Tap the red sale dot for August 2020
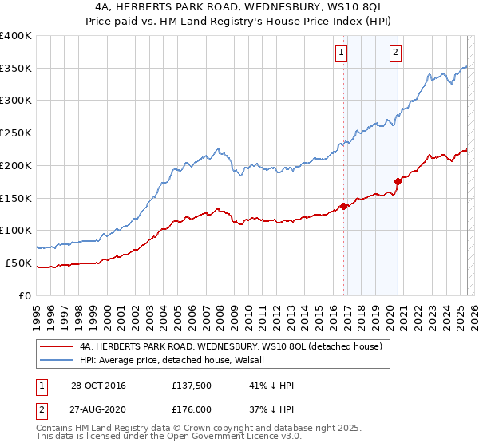(398, 180)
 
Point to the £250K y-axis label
(16, 133)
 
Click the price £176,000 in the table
(190, 409)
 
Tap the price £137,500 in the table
(190, 386)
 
